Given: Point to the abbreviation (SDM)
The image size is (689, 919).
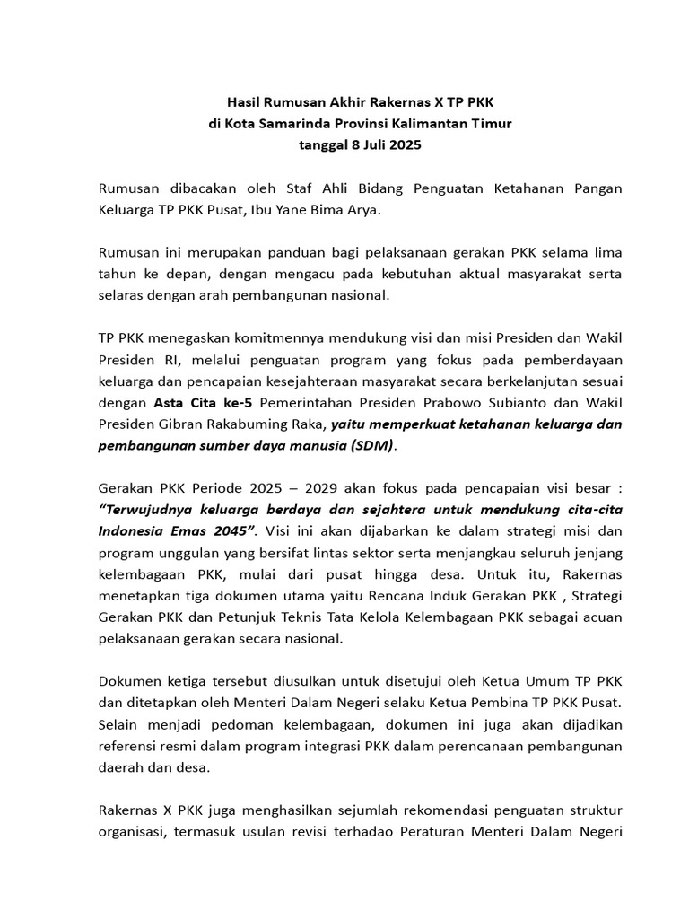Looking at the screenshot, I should click(371, 444).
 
